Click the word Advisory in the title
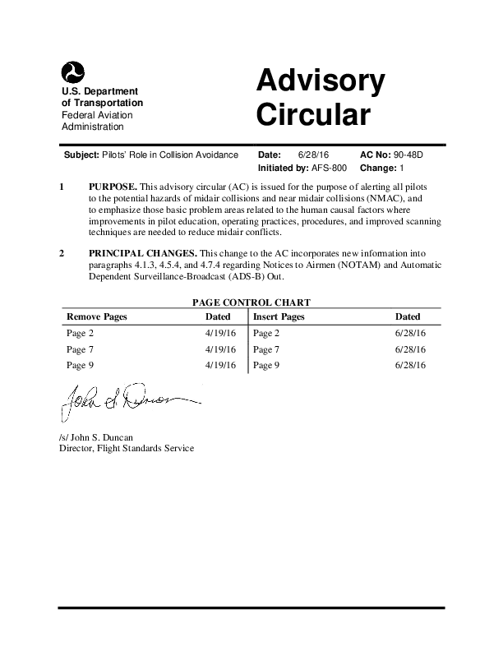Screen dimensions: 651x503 point(320,81)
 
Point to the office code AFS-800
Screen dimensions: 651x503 point(329,168)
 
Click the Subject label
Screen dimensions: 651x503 point(81,155)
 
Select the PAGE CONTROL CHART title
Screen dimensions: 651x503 point(251,302)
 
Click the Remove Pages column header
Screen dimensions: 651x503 point(96,316)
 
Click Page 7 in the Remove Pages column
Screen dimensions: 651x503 point(81,349)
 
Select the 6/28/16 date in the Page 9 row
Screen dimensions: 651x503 point(410,365)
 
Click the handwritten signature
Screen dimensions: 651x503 point(123,401)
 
